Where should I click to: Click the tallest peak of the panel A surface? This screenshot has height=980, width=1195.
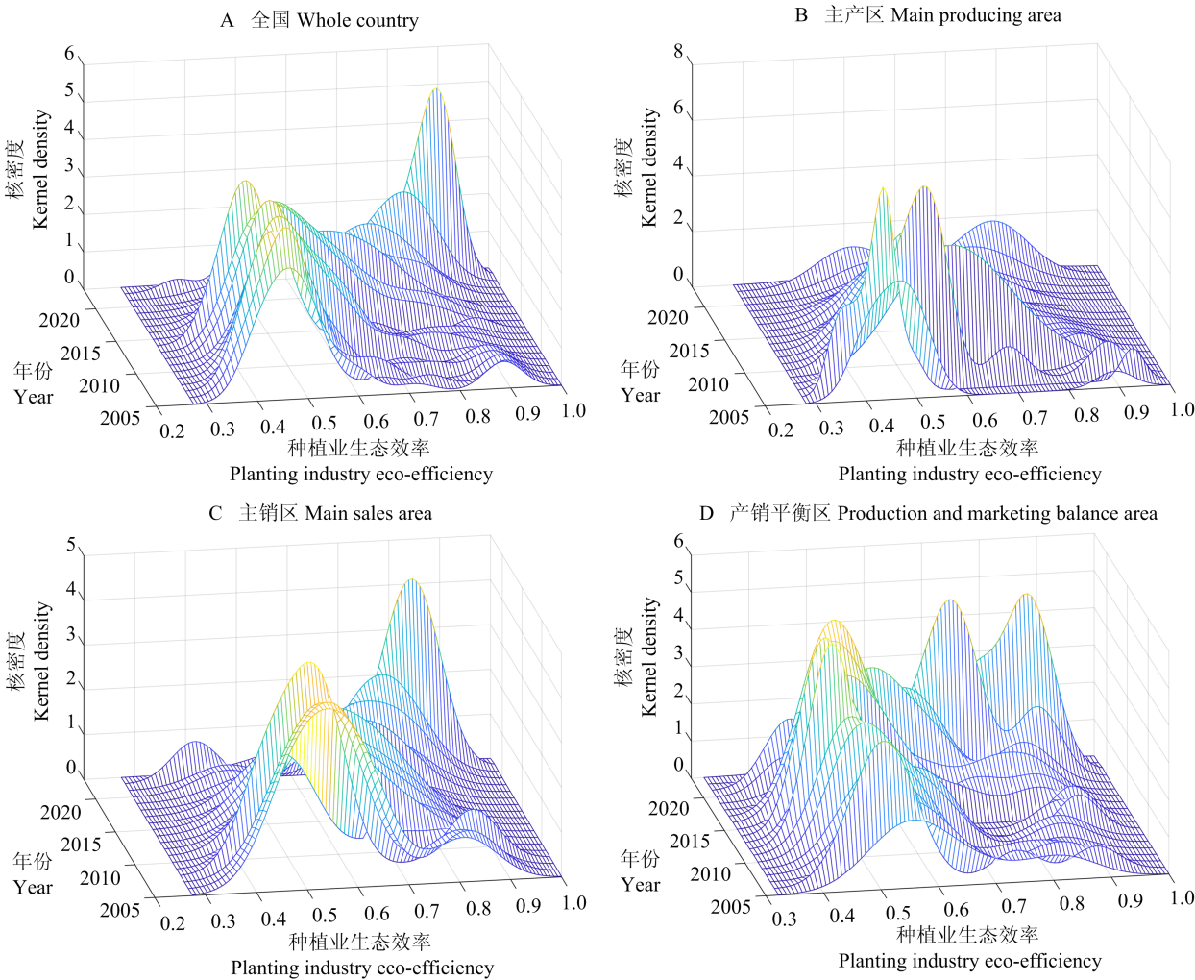point(436,89)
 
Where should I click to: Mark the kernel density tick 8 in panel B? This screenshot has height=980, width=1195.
point(678,52)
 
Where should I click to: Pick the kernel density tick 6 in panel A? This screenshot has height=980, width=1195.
point(69,54)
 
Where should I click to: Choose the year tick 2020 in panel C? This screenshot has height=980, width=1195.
point(61,813)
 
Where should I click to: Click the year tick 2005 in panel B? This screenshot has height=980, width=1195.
point(729,416)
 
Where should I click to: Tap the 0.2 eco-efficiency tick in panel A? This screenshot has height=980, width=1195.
point(172,430)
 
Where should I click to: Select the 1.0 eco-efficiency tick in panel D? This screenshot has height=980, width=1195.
point(1182,897)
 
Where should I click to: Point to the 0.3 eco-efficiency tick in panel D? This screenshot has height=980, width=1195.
point(785,919)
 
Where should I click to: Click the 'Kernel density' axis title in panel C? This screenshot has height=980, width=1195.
point(41,661)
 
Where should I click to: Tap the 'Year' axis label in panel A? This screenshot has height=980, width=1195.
point(34,397)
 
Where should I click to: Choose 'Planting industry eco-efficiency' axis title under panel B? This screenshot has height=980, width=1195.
point(969,474)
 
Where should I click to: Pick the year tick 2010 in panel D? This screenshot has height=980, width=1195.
point(710,873)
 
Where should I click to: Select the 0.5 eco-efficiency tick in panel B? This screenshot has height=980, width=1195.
point(933,422)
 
